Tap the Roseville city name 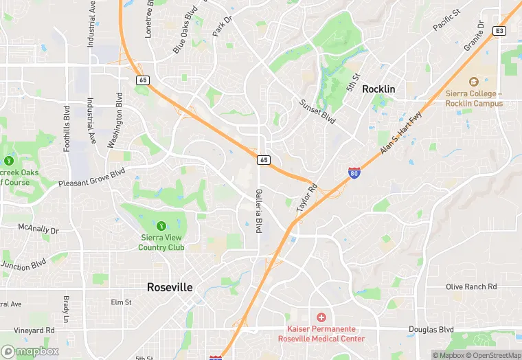pos(170,287)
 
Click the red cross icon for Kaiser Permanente pos(320,317)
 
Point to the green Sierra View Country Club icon pos(161,225)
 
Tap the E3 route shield pos(499,31)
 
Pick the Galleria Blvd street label pos(260,211)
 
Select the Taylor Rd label pos(307,197)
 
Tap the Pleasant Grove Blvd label pos(91,178)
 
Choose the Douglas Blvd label pos(431,330)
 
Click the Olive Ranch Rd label pos(471,286)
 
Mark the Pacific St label pos(446,21)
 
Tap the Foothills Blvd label pos(67,128)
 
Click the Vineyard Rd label pos(34,330)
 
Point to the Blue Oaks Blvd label pos(185,30)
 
